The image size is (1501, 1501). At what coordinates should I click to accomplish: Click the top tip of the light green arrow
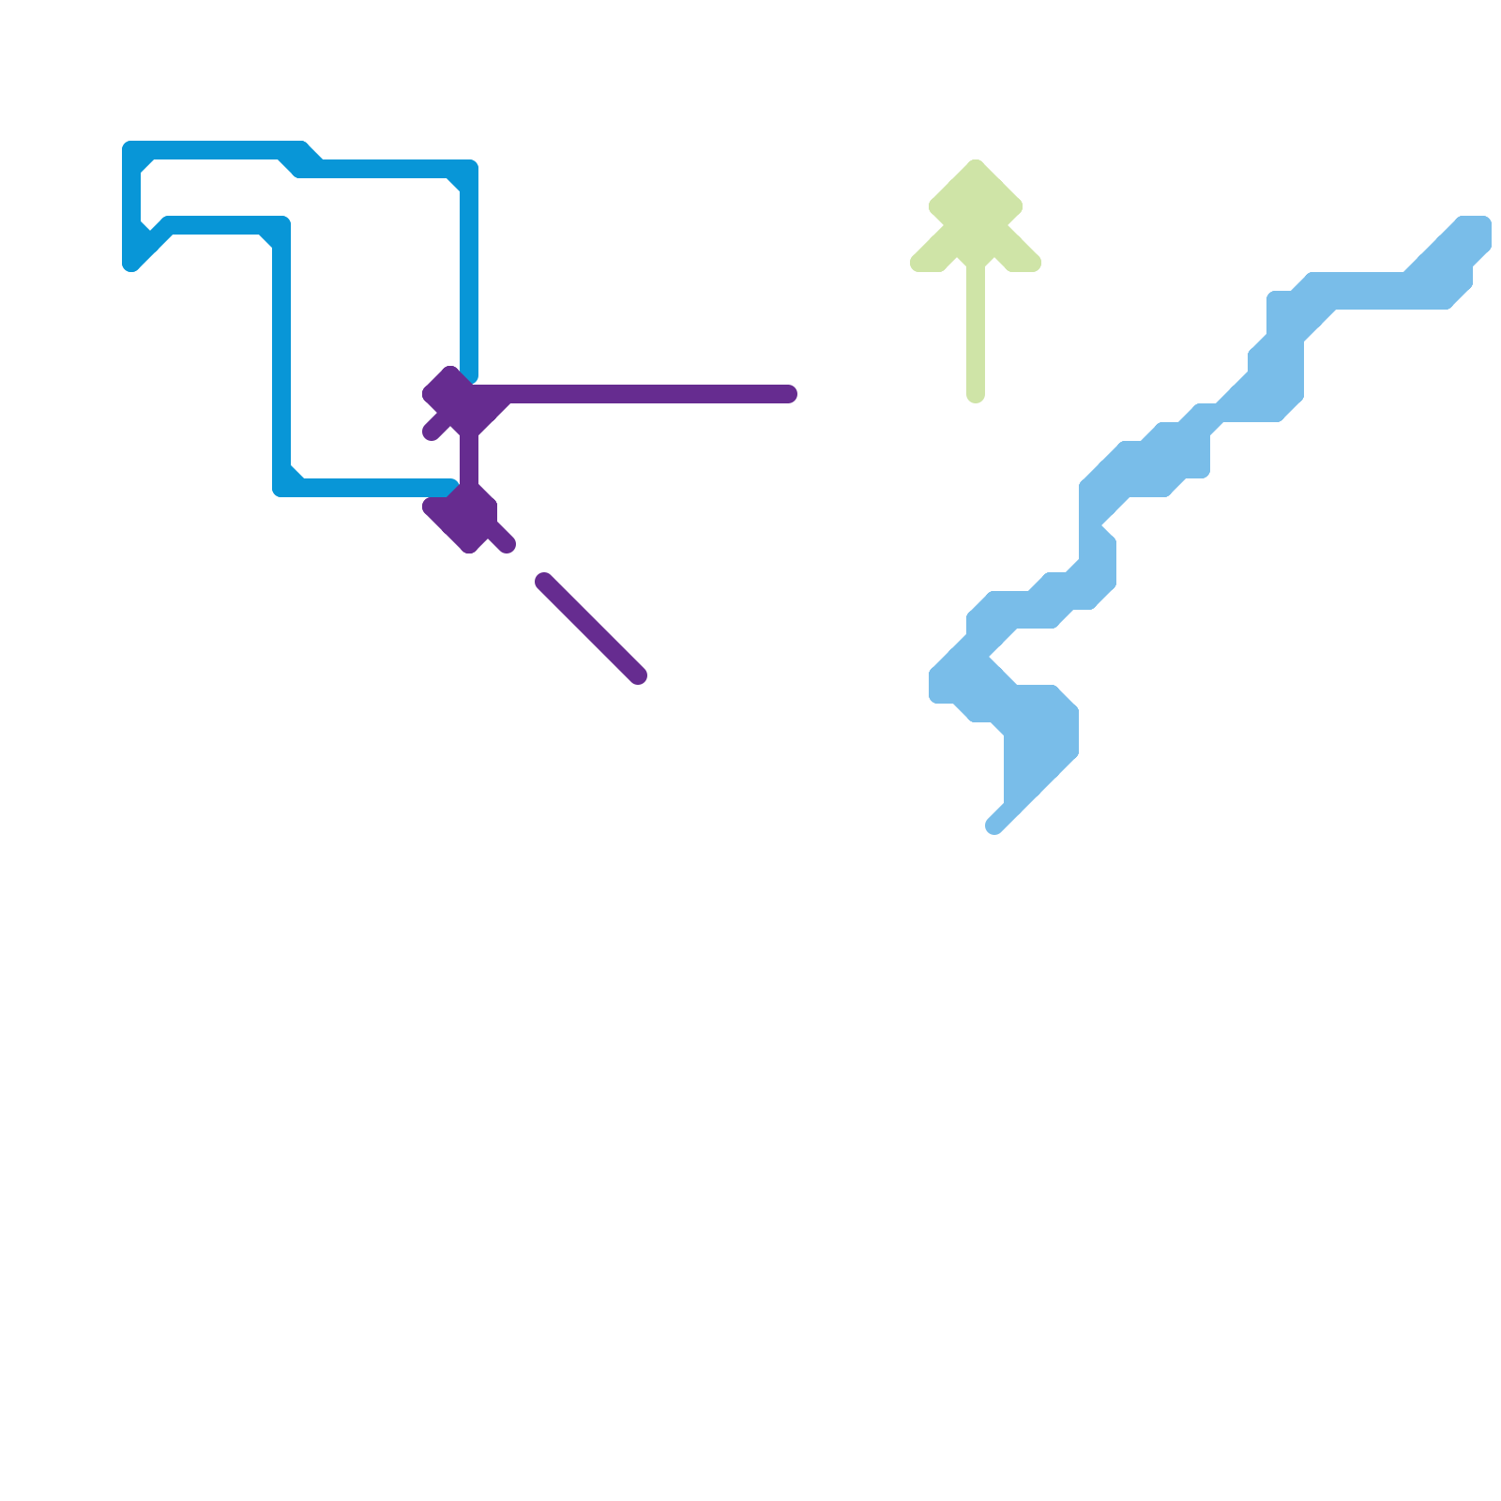point(976,164)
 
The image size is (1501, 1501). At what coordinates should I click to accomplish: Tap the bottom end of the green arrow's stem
point(976,397)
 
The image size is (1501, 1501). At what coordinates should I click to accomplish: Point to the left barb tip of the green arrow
point(917,264)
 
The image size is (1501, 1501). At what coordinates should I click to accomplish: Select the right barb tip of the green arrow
point(1035,264)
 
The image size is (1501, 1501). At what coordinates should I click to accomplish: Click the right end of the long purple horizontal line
point(790,394)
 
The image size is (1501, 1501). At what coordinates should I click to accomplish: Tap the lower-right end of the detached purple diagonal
point(639,676)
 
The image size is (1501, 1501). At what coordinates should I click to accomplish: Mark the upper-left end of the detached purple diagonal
point(543,581)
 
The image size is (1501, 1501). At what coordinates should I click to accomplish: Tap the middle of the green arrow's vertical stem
point(976,328)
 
